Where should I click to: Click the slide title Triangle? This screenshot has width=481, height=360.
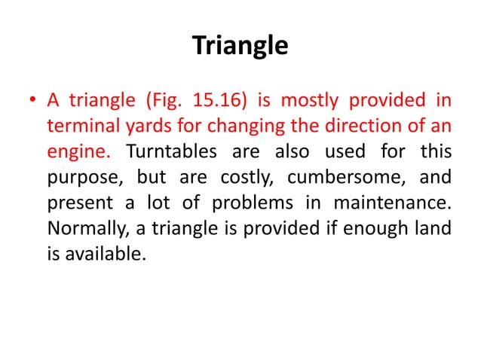click(240, 47)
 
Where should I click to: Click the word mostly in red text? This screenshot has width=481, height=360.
click(305, 101)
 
